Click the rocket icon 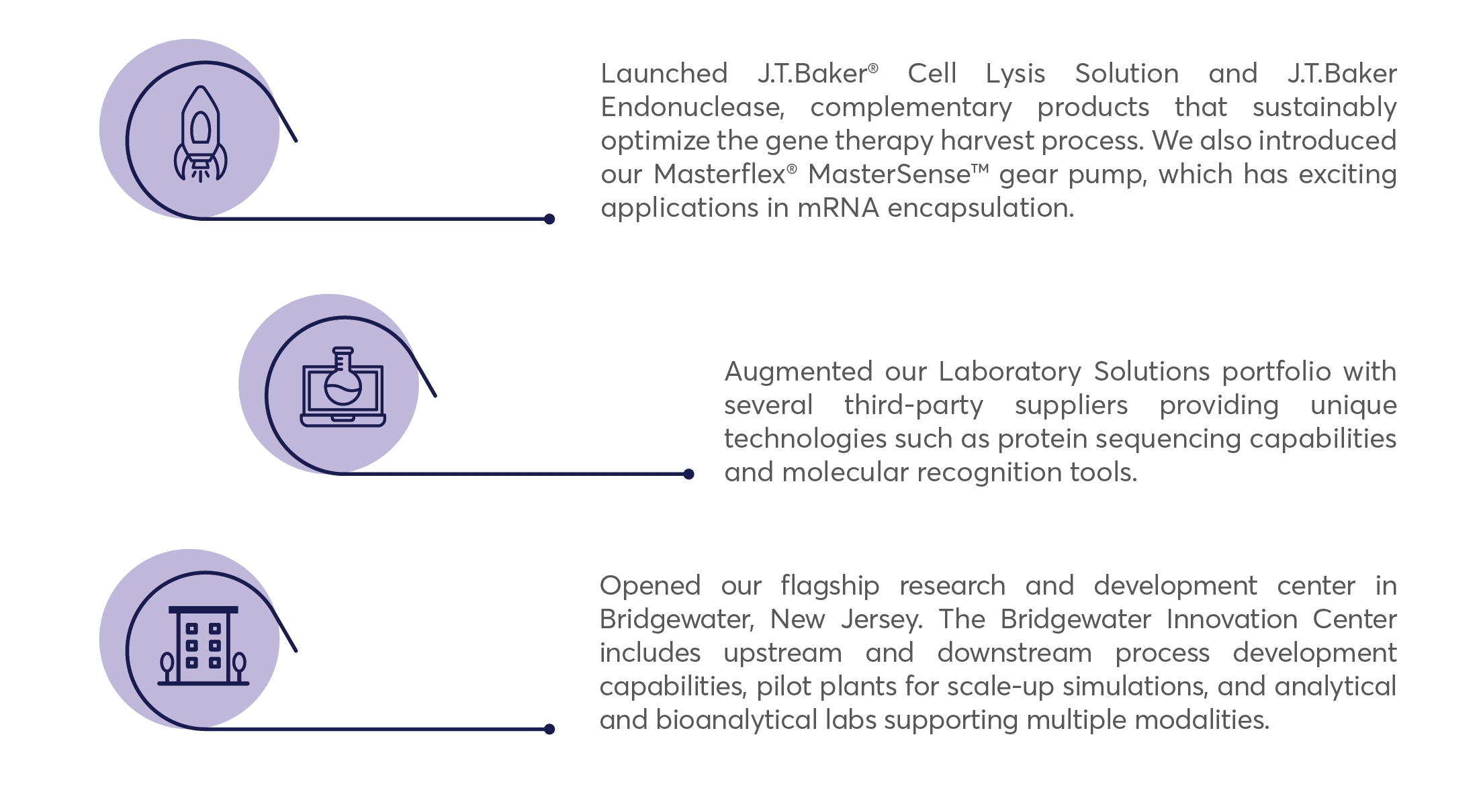pos(200,134)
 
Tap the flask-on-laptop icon pos(343,387)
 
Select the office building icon pos(203,646)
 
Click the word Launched pos(664,73)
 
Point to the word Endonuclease pos(692,107)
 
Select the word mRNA pos(838,208)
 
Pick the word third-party pos(913,405)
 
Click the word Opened pos(650,586)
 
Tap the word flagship pos(829,586)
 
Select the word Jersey pos(881,620)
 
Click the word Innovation pos(1232,620)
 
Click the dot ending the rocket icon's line pos(549,219)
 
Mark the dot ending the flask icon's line pos(688,474)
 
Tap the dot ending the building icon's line pos(549,729)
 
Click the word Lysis pos(1016,74)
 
